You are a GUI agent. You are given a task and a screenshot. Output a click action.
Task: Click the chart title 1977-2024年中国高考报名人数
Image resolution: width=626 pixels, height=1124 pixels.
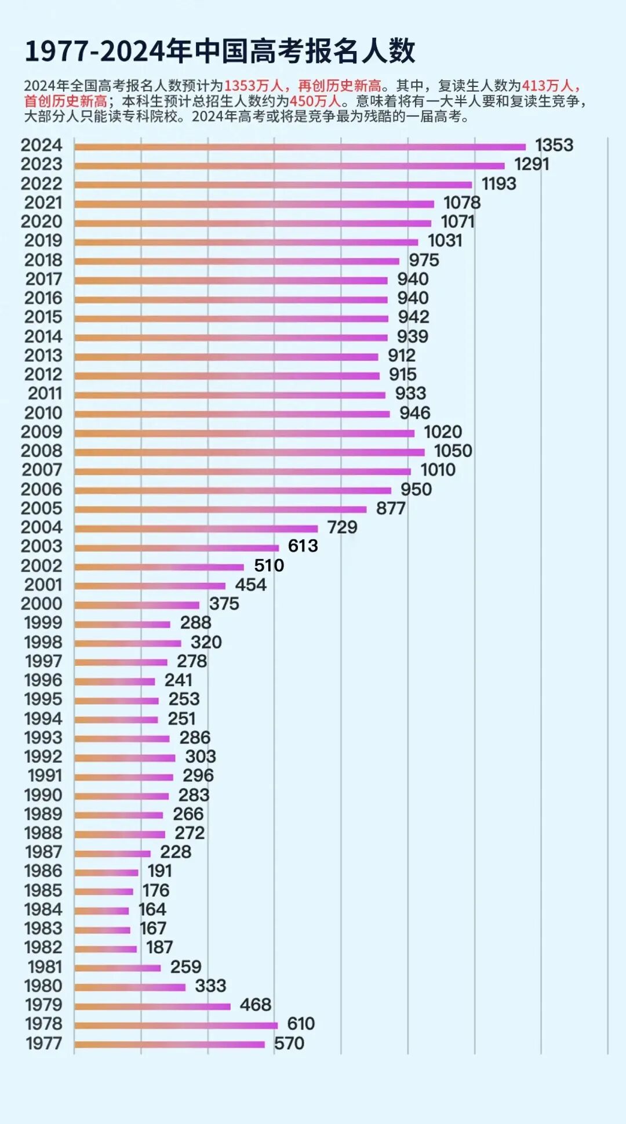(x=220, y=52)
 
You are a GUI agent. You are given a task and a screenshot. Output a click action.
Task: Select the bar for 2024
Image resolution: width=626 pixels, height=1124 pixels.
(x=300, y=147)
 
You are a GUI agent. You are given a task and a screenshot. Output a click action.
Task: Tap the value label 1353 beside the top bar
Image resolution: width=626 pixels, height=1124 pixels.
(x=554, y=145)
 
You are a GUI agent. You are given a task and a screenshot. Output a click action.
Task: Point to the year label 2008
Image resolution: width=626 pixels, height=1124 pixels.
(x=41, y=451)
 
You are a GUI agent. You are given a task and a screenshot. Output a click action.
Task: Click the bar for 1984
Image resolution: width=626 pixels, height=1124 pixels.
(x=101, y=911)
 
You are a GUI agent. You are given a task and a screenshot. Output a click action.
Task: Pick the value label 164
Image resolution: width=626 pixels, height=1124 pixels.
(x=152, y=909)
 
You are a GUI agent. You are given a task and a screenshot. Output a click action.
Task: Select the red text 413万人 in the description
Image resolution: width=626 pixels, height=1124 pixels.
(x=547, y=86)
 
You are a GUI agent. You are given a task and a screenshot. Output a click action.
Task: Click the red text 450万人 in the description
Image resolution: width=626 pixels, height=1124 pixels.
(x=315, y=101)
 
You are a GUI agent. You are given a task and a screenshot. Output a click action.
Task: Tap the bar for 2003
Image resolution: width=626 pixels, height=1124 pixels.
(x=176, y=548)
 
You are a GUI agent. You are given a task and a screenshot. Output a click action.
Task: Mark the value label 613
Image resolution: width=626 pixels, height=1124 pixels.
(x=303, y=546)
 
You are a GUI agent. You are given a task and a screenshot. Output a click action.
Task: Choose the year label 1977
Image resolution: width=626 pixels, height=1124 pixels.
(x=43, y=1043)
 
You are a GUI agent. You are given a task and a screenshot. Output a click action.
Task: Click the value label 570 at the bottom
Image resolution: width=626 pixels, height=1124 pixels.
(x=289, y=1043)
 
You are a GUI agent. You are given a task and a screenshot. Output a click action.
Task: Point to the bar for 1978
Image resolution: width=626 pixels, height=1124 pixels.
(x=176, y=1025)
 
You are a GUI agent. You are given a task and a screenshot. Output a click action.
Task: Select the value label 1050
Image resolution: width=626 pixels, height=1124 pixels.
(x=453, y=451)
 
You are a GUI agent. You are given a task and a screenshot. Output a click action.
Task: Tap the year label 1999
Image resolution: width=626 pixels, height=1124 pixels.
(x=43, y=623)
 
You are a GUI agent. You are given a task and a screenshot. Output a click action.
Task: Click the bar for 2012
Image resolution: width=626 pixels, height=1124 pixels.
(x=227, y=376)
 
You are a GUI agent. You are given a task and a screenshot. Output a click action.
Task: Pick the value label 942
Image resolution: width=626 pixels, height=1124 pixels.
(x=413, y=317)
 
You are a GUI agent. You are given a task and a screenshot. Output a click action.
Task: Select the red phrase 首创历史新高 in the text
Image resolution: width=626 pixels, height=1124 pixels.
(x=65, y=101)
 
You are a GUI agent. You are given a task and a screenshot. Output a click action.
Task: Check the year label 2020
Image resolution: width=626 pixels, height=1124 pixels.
(x=41, y=222)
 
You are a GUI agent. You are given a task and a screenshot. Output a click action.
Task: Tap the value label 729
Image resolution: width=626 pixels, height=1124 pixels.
(x=342, y=527)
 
